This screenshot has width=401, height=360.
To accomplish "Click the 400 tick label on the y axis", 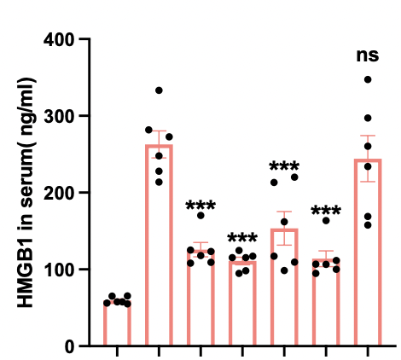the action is [x=59, y=39].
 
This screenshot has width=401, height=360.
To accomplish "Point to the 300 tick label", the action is [x=59, y=115].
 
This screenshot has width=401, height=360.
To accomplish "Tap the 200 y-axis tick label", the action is [x=59, y=192].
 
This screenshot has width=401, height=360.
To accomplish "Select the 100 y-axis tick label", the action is [x=59, y=269].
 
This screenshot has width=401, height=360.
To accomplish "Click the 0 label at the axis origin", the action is [x=70, y=346].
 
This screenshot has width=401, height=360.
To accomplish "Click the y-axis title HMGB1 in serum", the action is [x=26, y=192].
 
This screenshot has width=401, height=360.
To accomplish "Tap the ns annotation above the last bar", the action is [x=368, y=55].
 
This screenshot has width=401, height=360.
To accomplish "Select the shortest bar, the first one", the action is [x=117, y=323].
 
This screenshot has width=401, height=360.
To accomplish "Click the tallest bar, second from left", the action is [x=159, y=246].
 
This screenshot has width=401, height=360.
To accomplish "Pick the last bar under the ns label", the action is [x=368, y=253].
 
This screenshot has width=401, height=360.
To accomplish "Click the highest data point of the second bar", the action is [x=159, y=90].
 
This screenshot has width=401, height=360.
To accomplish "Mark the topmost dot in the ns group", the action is [x=368, y=79].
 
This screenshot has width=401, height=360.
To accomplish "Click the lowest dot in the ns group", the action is [x=368, y=225].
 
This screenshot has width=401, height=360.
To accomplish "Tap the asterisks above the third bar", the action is [x=200, y=206].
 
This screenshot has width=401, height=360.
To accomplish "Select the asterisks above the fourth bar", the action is [x=242, y=238].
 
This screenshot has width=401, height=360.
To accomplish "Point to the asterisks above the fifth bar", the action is [x=284, y=166].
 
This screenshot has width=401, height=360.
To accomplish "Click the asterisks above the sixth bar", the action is [x=326, y=211].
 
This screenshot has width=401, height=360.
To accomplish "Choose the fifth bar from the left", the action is [x=284, y=287].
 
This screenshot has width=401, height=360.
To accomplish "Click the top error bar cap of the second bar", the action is [x=159, y=131].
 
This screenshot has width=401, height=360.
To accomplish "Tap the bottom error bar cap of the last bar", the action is [x=368, y=182].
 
